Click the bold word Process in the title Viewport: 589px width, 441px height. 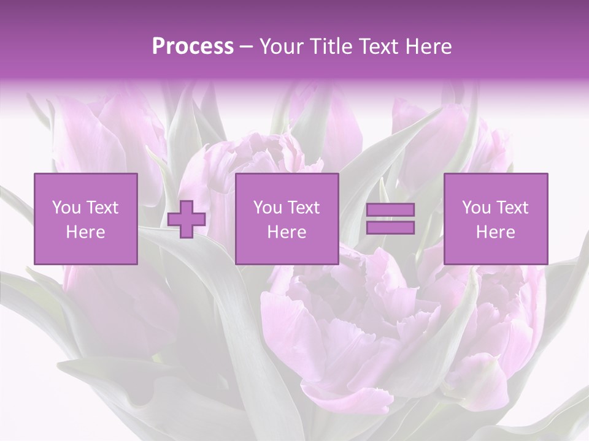click(193, 47)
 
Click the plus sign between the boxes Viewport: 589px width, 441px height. click(187, 219)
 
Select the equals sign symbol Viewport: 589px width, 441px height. click(390, 219)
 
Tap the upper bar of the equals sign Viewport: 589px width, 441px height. click(390, 210)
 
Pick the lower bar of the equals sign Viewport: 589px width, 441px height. click(390, 228)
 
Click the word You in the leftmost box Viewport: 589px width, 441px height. click(64, 208)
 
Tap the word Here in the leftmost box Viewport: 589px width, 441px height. click(86, 232)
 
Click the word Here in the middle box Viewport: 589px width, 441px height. click(287, 232)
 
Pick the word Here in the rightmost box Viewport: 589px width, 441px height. click(496, 232)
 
